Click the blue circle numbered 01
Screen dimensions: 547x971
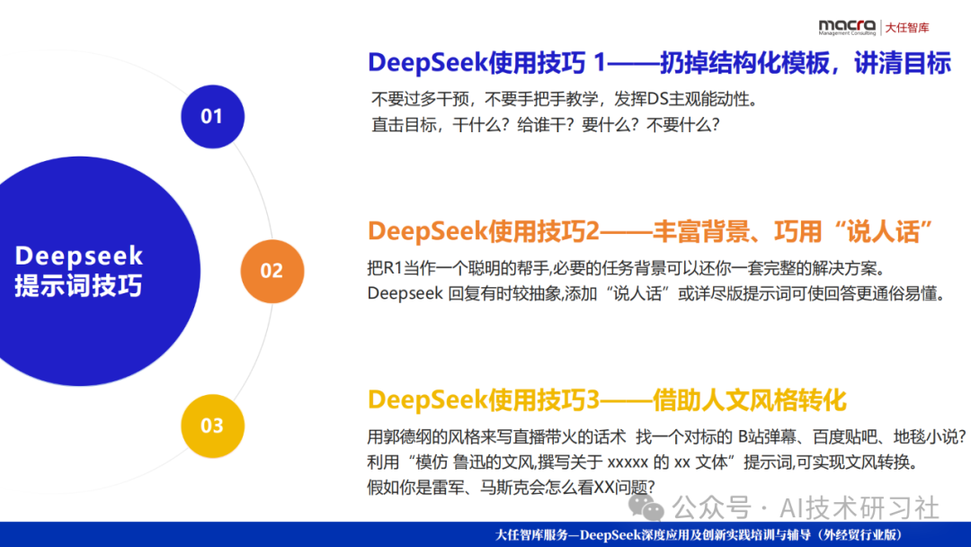click(x=212, y=116)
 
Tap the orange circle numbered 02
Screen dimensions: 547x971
click(x=272, y=271)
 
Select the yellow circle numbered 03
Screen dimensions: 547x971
click(x=212, y=426)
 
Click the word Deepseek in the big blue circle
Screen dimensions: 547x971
click(x=79, y=256)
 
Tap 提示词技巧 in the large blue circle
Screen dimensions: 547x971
click(x=79, y=286)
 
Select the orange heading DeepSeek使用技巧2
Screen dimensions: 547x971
click(x=483, y=231)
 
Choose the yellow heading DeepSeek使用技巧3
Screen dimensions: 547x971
click(x=483, y=399)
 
